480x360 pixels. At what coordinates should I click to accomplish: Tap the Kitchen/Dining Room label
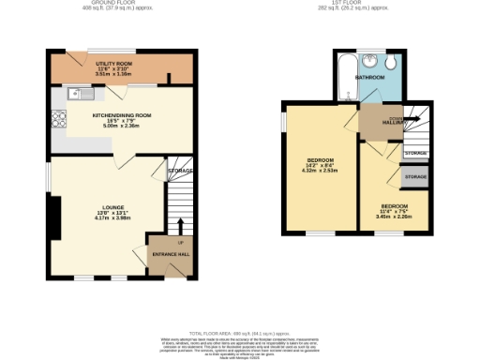click(122, 115)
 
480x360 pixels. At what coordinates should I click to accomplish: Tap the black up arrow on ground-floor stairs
click(180, 225)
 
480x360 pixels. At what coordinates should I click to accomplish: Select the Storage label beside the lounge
click(179, 171)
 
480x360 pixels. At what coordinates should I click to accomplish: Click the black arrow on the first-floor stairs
click(411, 119)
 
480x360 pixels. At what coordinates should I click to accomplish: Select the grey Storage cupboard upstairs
click(415, 176)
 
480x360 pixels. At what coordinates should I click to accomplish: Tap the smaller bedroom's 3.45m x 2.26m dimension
click(394, 217)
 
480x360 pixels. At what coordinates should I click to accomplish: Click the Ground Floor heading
click(103, 5)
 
